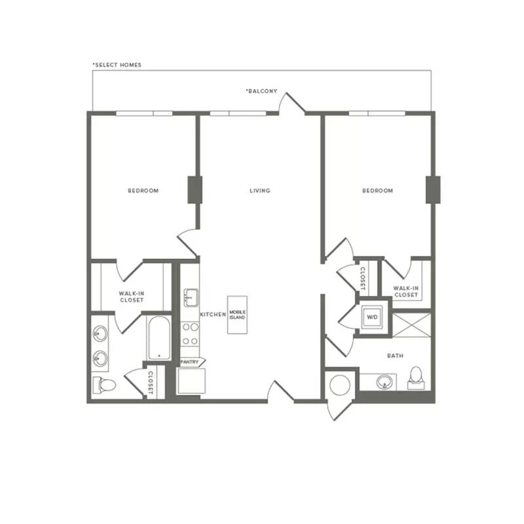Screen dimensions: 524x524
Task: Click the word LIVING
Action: [259, 191]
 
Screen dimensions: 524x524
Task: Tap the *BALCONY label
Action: [261, 91]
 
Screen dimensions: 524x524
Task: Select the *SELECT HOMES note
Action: [117, 65]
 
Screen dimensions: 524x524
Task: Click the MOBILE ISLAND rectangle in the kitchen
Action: [237, 315]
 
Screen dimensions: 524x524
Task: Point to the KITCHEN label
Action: [213, 314]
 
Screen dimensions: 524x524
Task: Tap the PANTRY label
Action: [189, 362]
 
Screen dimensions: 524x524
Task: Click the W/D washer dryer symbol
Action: [372, 317]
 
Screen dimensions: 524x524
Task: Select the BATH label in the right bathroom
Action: [395, 356]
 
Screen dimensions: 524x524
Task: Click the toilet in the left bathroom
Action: [104, 385]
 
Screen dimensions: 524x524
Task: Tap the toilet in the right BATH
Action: [416, 378]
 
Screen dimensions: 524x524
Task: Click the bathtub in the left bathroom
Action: [159, 338]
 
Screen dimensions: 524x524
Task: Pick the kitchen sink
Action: [191, 298]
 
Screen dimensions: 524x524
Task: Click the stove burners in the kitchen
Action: [190, 334]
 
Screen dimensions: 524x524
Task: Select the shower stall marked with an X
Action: [411, 325]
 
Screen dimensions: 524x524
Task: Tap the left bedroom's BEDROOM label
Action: [143, 191]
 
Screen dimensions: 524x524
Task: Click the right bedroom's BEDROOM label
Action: [378, 191]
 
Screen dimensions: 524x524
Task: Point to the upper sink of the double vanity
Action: [100, 333]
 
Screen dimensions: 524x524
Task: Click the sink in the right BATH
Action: [384, 382]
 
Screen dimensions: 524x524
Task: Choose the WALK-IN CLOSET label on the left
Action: [132, 297]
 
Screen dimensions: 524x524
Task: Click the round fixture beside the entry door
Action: [340, 385]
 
